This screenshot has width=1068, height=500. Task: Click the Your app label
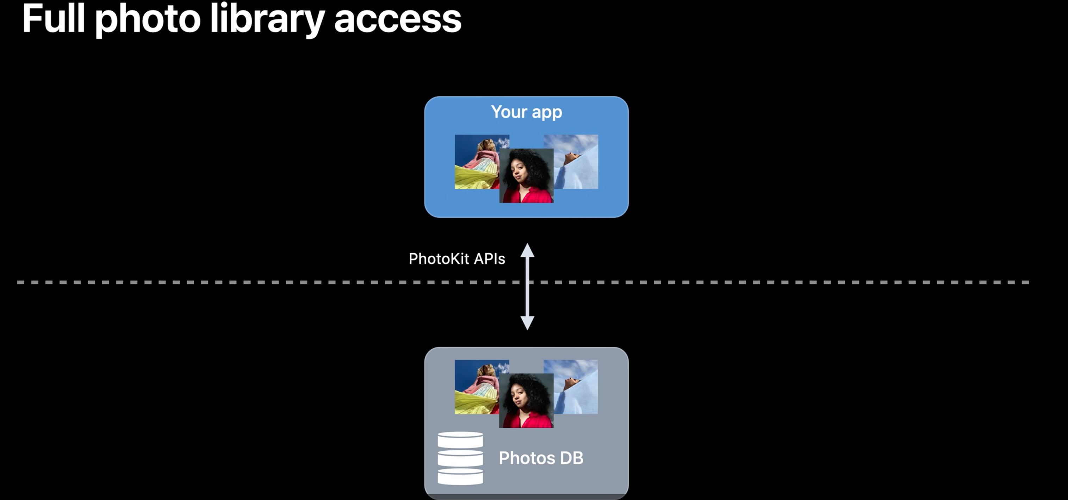(x=526, y=112)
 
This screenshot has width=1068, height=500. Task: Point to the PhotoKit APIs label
(x=457, y=259)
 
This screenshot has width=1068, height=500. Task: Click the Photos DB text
(x=541, y=458)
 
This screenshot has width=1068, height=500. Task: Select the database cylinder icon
(x=460, y=458)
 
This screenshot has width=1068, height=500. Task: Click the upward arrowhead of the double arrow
(x=527, y=250)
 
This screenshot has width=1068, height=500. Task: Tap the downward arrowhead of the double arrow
(x=527, y=323)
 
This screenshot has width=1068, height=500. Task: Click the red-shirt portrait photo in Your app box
(x=526, y=182)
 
